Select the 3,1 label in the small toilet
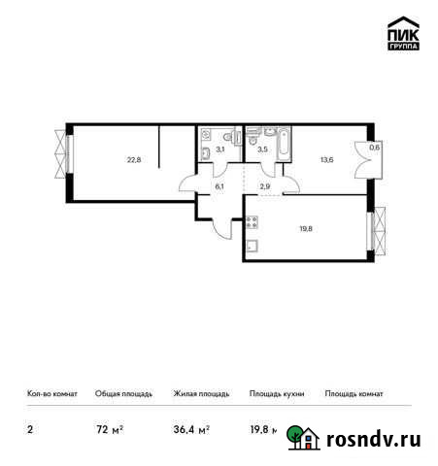pos(220,149)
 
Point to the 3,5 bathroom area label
pos(261,149)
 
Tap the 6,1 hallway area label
pos(219,185)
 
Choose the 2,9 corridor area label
pos(262,185)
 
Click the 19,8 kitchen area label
pos(305,230)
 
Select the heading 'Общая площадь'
pos(123,394)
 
